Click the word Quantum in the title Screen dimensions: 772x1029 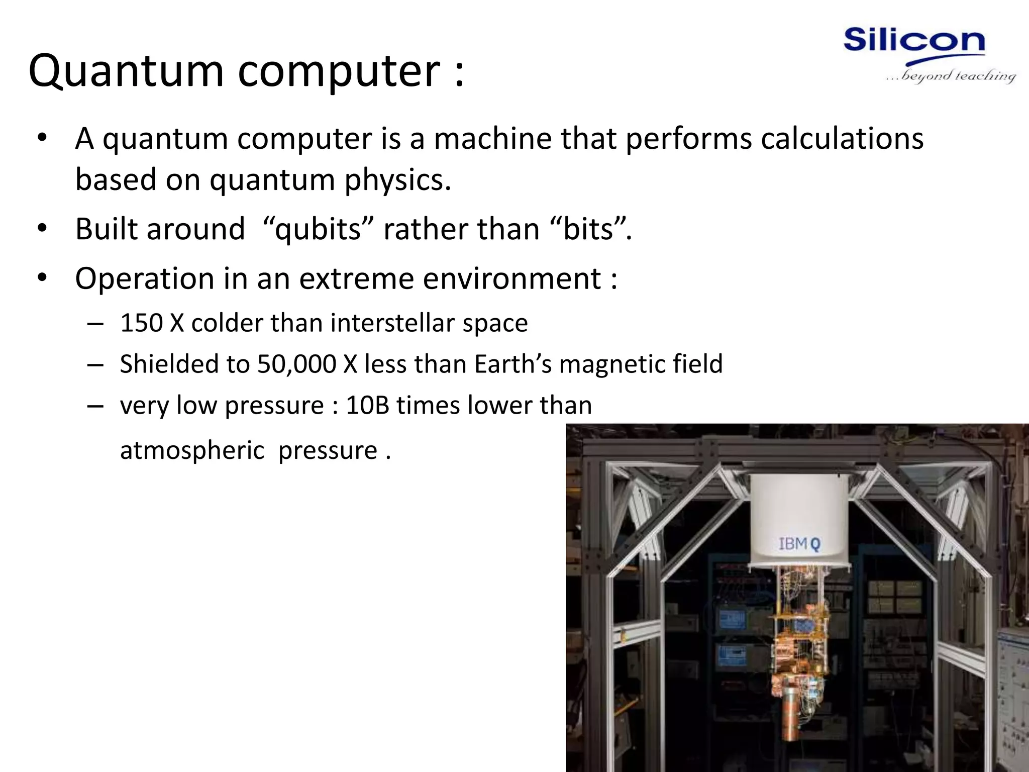[126, 71]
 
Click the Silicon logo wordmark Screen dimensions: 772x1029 [914, 40]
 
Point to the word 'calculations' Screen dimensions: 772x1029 [842, 139]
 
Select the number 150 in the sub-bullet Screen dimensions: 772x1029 [141, 323]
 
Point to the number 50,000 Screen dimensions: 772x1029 [296, 364]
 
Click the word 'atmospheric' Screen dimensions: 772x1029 [192, 450]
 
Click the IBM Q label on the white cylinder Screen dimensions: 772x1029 [799, 544]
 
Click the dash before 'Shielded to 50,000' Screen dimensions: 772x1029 [95, 364]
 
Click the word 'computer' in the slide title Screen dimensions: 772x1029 [339, 71]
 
